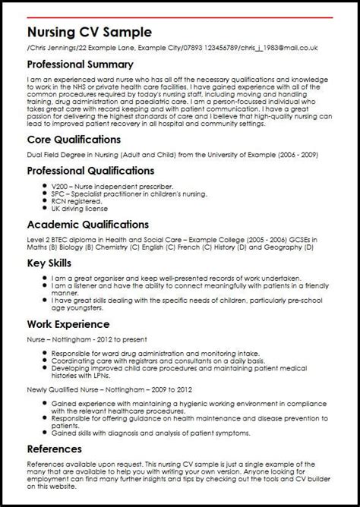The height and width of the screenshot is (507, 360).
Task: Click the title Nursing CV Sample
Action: coord(88,32)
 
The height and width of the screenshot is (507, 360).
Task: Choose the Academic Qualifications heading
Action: coord(87,225)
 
